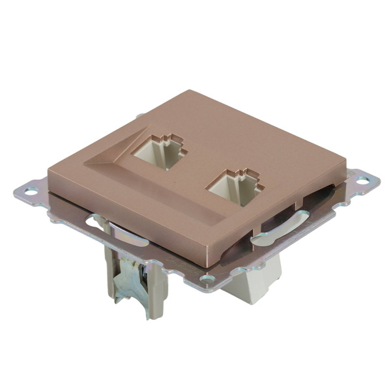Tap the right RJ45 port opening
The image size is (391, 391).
(x=233, y=188)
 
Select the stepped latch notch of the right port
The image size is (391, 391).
(x=244, y=174)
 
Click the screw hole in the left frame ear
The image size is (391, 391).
(x=29, y=191)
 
